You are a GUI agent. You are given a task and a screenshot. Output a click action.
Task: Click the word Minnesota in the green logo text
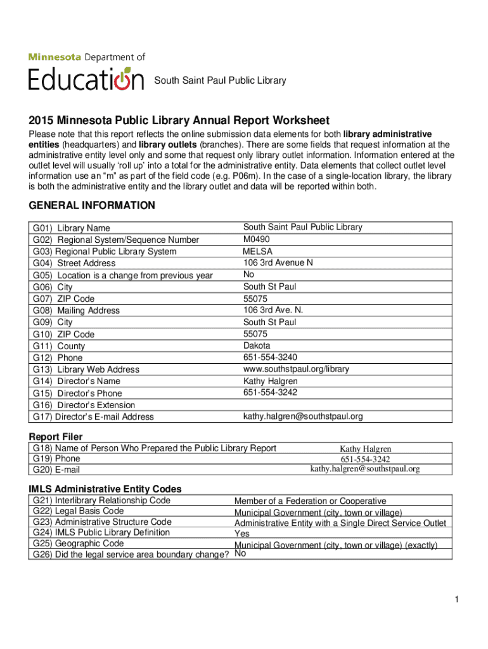coord(55,57)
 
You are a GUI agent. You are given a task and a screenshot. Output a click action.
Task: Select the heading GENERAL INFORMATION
coord(92,205)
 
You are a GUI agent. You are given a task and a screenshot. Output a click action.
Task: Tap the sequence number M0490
coord(256,239)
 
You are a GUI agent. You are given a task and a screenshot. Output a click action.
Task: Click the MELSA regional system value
coord(257,251)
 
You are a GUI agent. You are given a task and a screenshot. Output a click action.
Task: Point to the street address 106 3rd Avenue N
coord(278,262)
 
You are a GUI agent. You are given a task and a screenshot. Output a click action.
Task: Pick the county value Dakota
coord(257,345)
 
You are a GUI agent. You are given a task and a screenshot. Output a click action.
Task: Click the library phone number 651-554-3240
coord(270,357)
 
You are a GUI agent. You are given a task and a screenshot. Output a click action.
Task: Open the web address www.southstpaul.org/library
coord(296,369)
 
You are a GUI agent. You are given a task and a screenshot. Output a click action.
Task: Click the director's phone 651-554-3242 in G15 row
coord(270,392)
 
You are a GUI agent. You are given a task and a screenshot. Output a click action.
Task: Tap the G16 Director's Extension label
coord(84,405)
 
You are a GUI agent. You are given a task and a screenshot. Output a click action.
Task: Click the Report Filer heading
coord(56,437)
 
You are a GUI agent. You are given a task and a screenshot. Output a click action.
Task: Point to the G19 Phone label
coord(57,458)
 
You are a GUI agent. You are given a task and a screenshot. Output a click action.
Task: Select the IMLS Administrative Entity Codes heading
coord(105,489)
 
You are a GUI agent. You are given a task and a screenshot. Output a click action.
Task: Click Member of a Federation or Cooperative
coord(310,501)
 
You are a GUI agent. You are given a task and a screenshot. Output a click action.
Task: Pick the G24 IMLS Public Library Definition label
coord(101,532)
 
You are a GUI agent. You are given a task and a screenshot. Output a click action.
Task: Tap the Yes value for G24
coord(242,534)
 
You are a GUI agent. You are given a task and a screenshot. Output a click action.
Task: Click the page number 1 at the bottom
coord(456,600)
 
